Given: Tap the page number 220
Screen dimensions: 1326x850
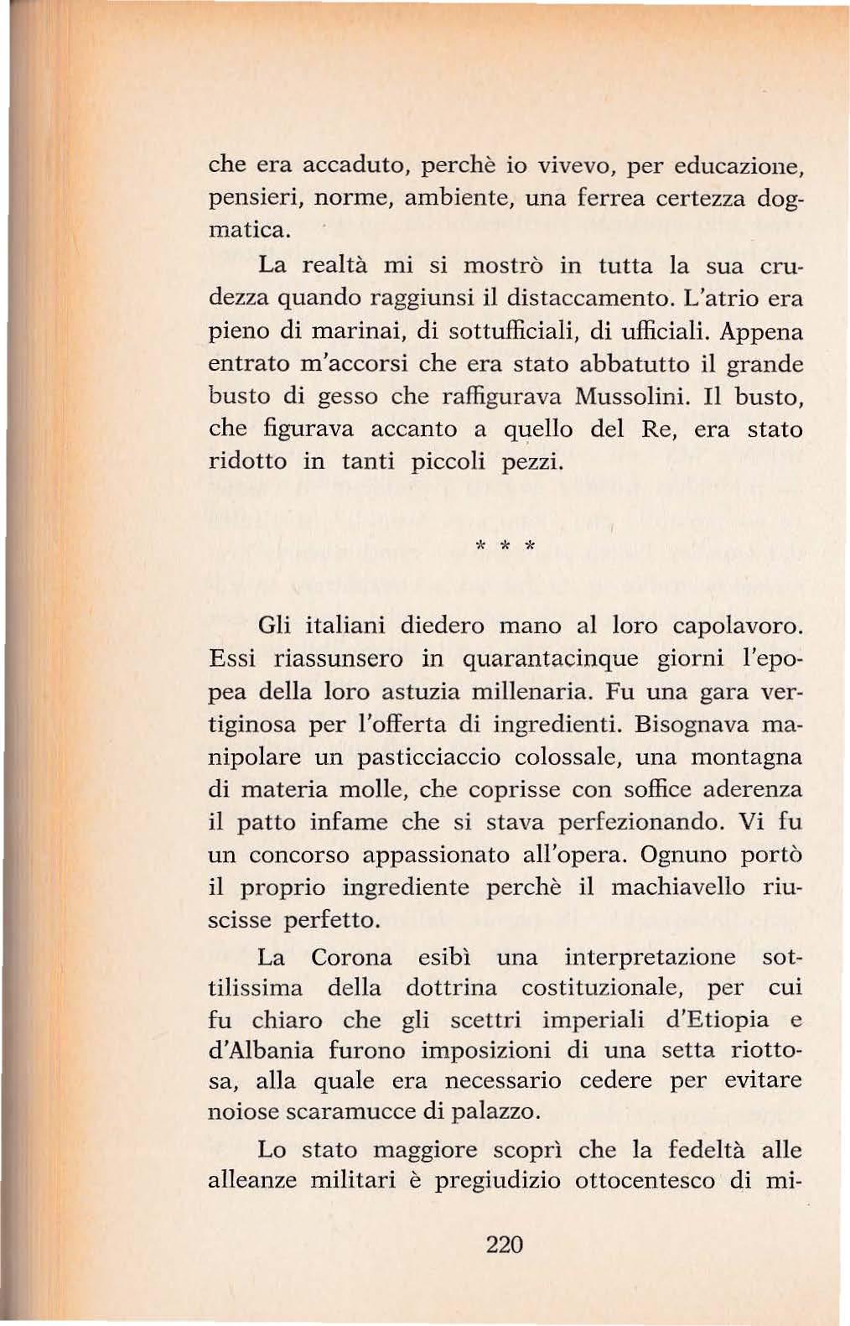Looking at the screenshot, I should point(505,1244).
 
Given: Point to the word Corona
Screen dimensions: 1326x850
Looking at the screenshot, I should point(351,957).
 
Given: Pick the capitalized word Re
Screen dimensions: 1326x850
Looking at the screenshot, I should point(658,429).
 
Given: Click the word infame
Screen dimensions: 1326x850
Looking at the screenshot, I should point(348,822).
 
